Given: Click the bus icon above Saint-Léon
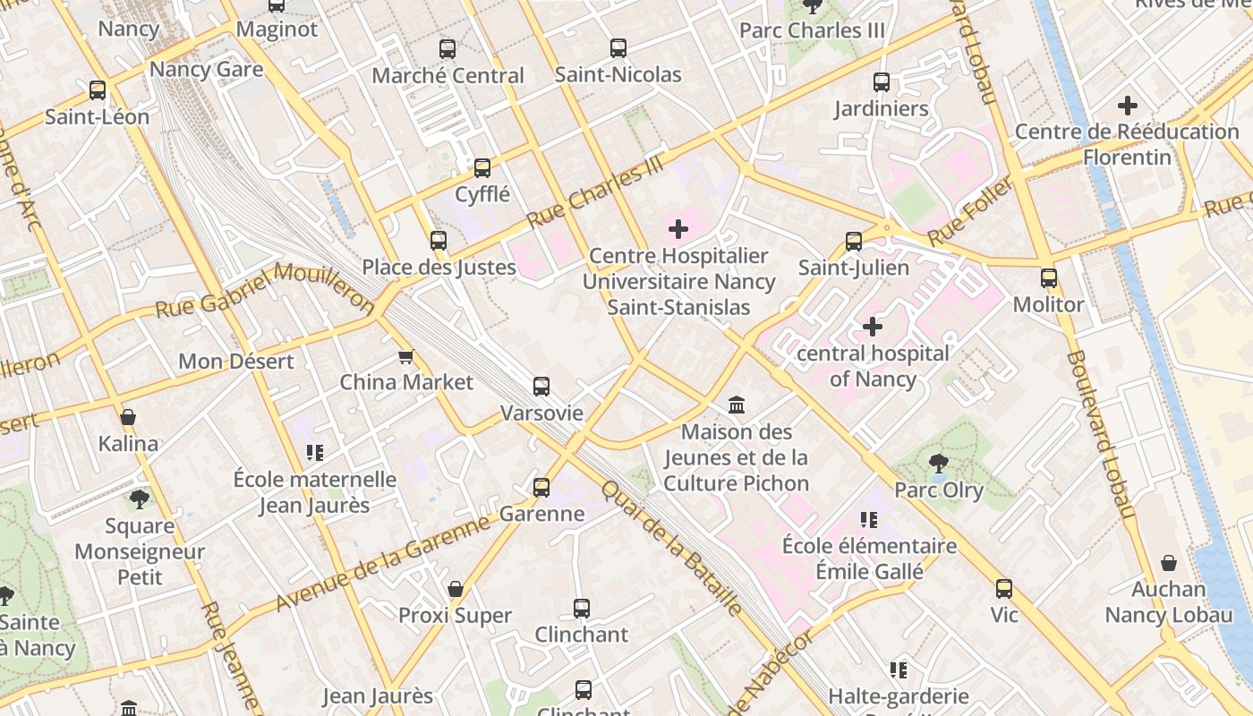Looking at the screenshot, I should pyautogui.click(x=98, y=90).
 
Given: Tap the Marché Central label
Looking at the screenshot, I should pyautogui.click(x=447, y=76).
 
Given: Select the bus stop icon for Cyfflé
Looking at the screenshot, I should pyautogui.click(x=482, y=167).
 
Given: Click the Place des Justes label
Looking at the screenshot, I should pyautogui.click(x=439, y=267).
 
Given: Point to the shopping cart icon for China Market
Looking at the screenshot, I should pyautogui.click(x=406, y=357).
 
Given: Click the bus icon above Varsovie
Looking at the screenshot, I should pyautogui.click(x=541, y=387).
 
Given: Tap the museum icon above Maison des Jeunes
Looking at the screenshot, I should pyautogui.click(x=737, y=405).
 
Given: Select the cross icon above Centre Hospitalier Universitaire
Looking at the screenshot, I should pyautogui.click(x=678, y=230).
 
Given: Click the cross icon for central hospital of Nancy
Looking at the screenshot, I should pyautogui.click(x=872, y=327).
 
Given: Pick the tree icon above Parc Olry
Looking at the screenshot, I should pyautogui.click(x=938, y=464).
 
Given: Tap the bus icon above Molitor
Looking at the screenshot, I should pyautogui.click(x=1049, y=278).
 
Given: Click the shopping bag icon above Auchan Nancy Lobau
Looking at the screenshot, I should pyautogui.click(x=1169, y=563).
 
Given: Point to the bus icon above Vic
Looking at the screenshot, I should pyautogui.click(x=1004, y=589).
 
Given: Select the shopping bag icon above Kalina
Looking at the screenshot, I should pyautogui.click(x=128, y=417).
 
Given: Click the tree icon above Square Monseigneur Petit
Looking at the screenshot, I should pyautogui.click(x=139, y=499).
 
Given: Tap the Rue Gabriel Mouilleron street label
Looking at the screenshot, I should pyautogui.click(x=265, y=289).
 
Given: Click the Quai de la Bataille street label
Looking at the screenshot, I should pyautogui.click(x=672, y=549).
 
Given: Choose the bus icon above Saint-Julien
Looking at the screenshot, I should pyautogui.click(x=854, y=242).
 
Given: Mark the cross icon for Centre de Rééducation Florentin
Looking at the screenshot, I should pyautogui.click(x=1128, y=106).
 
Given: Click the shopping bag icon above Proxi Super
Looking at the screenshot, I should pyautogui.click(x=456, y=589).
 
